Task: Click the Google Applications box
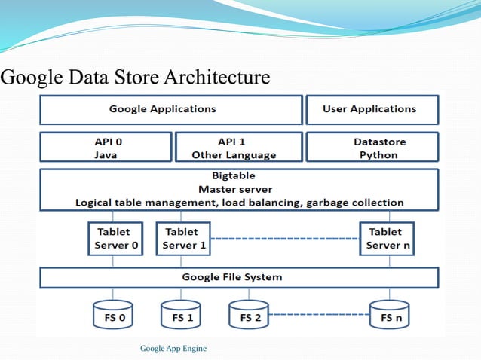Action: pos(170,109)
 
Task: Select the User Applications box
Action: pos(370,109)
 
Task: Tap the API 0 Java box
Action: pos(106,148)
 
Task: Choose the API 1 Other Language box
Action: pos(238,148)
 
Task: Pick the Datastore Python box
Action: pos(371,148)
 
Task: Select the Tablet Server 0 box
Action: pos(114,238)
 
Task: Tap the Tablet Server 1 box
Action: pos(183,238)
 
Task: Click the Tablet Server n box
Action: pos(385,238)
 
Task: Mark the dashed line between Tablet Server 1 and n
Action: pos(285,239)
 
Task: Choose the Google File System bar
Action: pos(238,277)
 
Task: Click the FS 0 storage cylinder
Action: pos(114,316)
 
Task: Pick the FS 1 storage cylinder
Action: pos(182,316)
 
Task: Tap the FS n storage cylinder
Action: pos(390,316)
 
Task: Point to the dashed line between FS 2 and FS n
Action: pos(320,315)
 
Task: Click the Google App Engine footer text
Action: pos(173,348)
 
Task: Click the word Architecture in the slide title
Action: pos(217,78)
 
